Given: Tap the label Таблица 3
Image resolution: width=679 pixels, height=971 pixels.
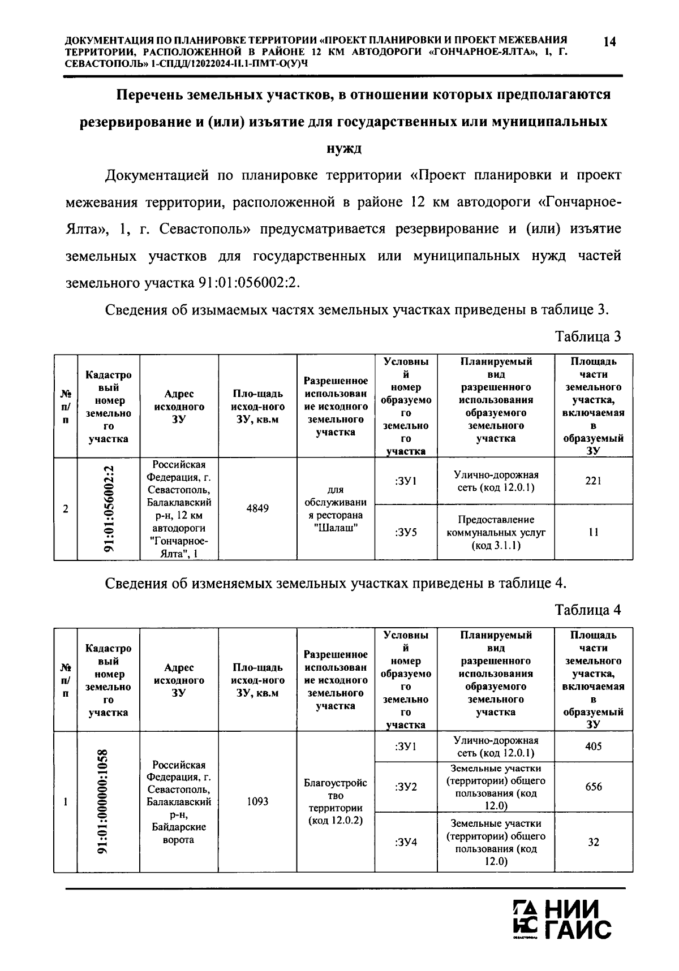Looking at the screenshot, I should pyautogui.click(x=588, y=337).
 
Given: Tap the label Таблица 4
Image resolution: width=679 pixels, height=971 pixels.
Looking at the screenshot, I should pyautogui.click(x=588, y=610).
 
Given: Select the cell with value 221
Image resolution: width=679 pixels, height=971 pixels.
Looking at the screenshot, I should pyautogui.click(x=593, y=481).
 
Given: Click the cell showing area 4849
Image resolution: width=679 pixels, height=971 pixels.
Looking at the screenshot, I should pyautogui.click(x=257, y=508).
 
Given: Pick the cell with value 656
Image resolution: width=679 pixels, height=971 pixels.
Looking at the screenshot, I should pyautogui.click(x=593, y=787).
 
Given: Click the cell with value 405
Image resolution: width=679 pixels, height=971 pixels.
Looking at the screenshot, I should pyautogui.click(x=593, y=746).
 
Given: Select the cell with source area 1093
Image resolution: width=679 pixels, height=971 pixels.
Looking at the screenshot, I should pyautogui.click(x=257, y=802).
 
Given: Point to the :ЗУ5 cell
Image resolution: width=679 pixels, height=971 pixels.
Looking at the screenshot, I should pyautogui.click(x=406, y=532).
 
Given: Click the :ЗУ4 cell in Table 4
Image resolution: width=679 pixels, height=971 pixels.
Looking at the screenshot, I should pyautogui.click(x=406, y=842).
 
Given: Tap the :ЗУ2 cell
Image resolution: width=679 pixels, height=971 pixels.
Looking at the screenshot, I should pyautogui.click(x=406, y=787).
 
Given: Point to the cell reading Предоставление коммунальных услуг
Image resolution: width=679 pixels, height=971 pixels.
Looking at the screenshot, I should pyautogui.click(x=496, y=532).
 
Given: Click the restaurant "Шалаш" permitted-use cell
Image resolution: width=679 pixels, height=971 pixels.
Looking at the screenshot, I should pyautogui.click(x=336, y=508).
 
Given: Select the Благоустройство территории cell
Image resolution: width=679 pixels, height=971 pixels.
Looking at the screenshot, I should pyautogui.click(x=336, y=802).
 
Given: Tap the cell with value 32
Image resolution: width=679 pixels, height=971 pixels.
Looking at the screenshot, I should pyautogui.click(x=593, y=842).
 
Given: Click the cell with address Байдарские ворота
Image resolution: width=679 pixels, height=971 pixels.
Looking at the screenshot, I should pyautogui.click(x=179, y=802).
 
